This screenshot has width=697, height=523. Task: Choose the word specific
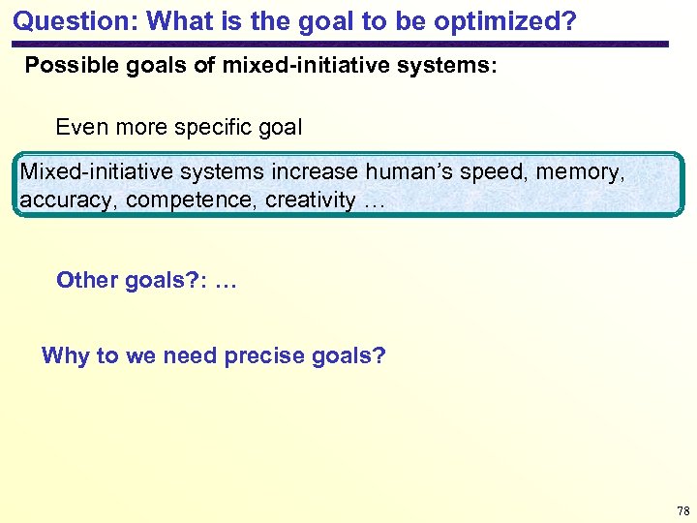pyautogui.click(x=220, y=127)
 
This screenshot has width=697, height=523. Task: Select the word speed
pyautogui.click(x=493, y=173)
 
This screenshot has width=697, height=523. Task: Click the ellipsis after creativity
pyautogui.click(x=375, y=201)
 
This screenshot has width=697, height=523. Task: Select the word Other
pyautogui.click(x=87, y=281)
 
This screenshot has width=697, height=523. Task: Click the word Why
pyautogui.click(x=65, y=355)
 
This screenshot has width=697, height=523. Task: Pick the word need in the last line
pyautogui.click(x=190, y=355)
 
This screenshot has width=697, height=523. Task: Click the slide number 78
pyautogui.click(x=683, y=510)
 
